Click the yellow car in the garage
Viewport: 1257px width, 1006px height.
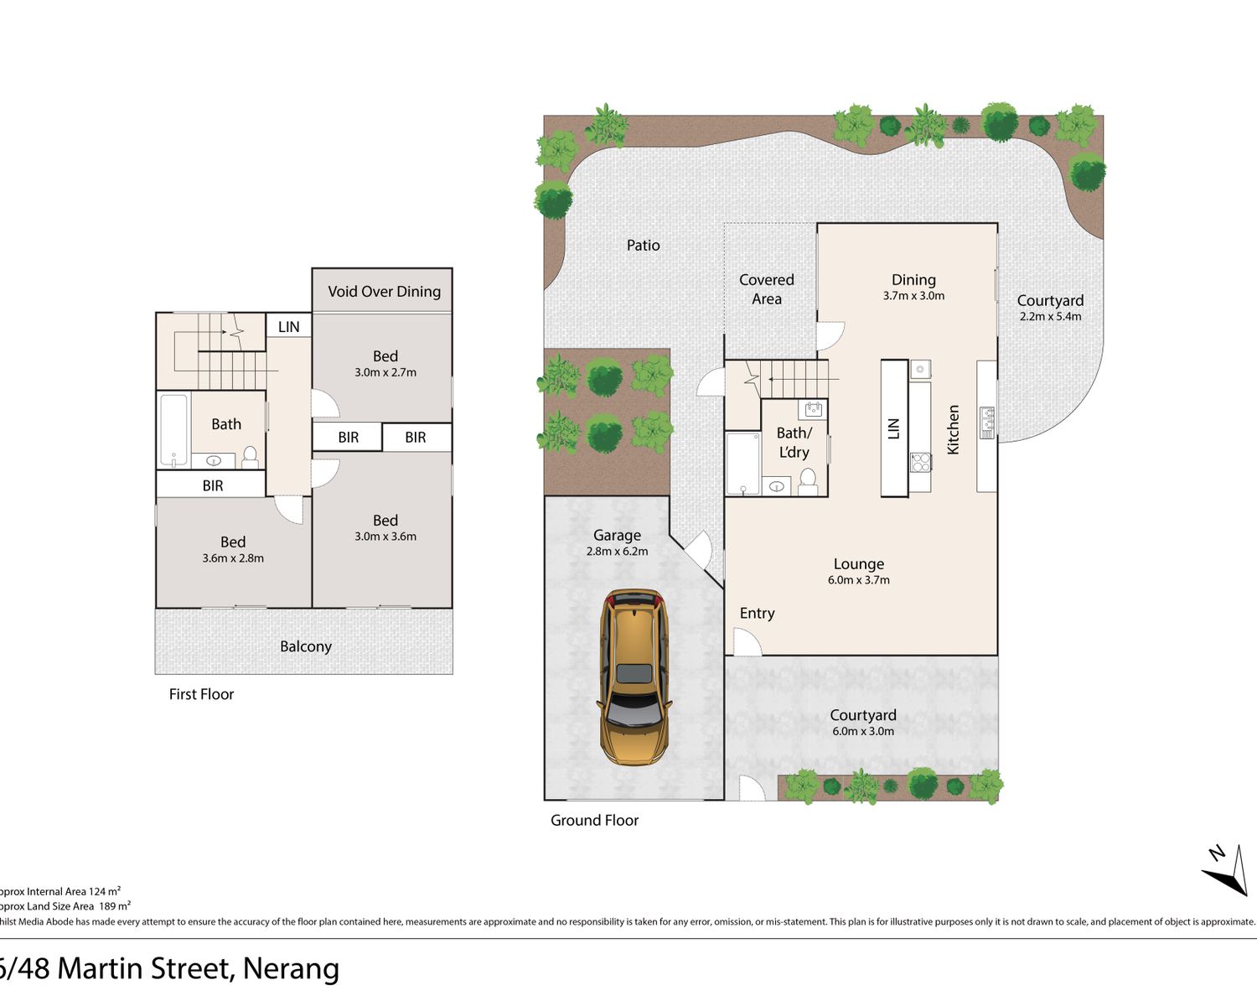[x=634, y=677]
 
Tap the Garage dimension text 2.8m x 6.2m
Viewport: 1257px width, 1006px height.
[x=617, y=552]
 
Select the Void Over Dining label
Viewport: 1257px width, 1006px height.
[x=384, y=291]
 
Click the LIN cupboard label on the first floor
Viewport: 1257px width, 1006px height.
[x=288, y=327]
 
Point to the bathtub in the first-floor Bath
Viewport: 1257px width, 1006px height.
[x=174, y=430]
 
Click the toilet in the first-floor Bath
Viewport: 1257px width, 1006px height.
[x=250, y=458]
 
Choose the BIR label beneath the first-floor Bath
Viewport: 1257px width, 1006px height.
[x=213, y=485]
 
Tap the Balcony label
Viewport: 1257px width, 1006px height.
[x=306, y=646]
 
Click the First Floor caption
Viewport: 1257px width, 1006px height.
[x=201, y=694]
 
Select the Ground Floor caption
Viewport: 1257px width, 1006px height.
[x=595, y=820]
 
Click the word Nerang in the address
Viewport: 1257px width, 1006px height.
[x=291, y=968]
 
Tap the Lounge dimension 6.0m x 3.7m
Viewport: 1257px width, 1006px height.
[x=859, y=580]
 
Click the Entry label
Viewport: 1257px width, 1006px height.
[x=757, y=613]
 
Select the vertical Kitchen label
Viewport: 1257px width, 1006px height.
[x=953, y=429]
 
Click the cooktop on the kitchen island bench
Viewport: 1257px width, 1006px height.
[x=920, y=463]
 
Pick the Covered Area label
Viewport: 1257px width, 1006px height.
[x=766, y=289]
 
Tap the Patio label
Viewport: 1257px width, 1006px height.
[x=643, y=245]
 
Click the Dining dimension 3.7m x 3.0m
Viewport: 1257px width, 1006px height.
[x=913, y=296]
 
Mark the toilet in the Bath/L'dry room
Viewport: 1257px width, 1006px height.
[x=808, y=481]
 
